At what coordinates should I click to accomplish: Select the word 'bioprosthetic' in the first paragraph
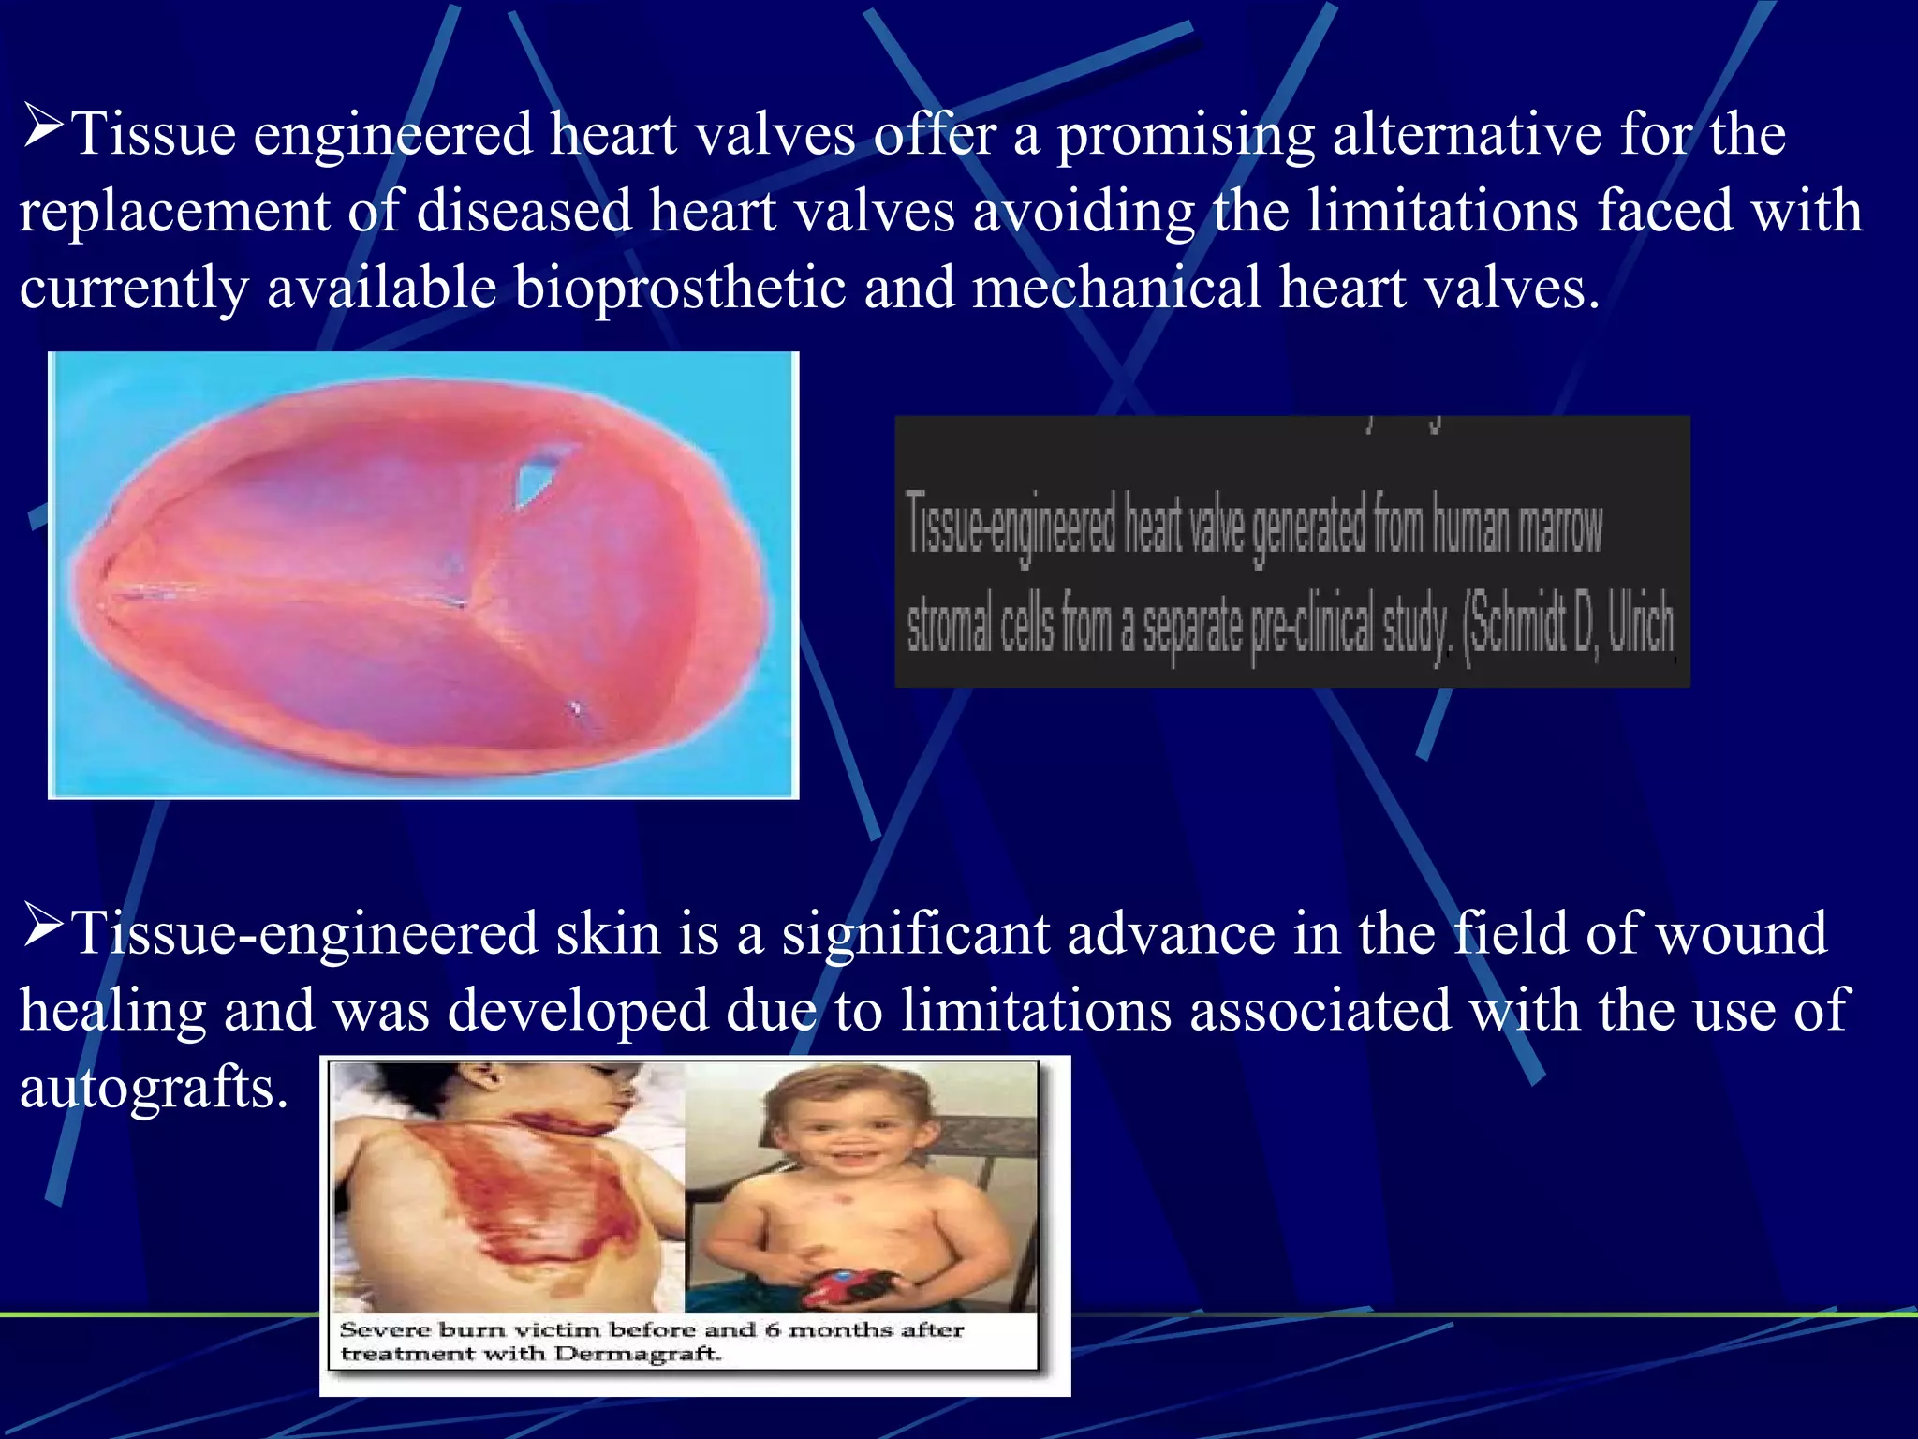(680, 288)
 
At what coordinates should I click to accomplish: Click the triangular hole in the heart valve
(536, 478)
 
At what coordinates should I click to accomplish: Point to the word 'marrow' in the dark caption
(1560, 527)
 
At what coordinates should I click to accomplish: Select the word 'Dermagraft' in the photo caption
(637, 1355)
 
